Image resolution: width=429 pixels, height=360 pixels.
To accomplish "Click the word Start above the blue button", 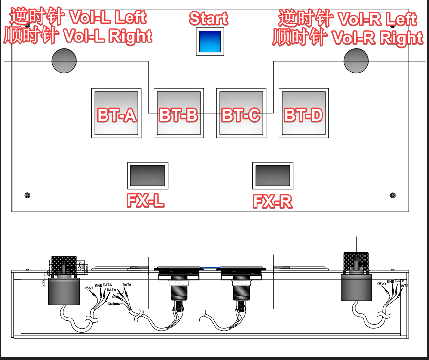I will click(x=208, y=19).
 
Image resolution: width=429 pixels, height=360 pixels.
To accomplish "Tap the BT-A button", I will click(x=116, y=113).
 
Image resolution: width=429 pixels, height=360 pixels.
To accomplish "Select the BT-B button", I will click(x=178, y=113).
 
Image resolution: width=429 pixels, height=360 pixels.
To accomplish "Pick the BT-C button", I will click(x=240, y=113).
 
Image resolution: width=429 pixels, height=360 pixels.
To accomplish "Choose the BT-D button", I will click(x=303, y=113).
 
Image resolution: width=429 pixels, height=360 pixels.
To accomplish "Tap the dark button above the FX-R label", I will click(x=273, y=175).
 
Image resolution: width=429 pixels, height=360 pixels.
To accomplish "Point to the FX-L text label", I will click(x=145, y=201).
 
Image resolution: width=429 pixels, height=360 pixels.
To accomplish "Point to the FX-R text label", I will click(x=273, y=201).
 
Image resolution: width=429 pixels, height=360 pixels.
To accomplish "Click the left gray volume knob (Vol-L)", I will click(x=64, y=61).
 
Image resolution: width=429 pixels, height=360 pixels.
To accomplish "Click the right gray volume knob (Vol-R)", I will click(x=356, y=61).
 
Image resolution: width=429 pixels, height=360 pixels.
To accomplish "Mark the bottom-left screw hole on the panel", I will click(x=27, y=195).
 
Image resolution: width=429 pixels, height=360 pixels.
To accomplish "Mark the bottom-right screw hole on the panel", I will click(x=393, y=195).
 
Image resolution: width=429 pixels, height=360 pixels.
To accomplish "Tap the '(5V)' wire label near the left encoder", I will click(x=89, y=288).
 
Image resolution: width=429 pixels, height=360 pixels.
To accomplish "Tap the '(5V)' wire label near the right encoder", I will click(x=382, y=284).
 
